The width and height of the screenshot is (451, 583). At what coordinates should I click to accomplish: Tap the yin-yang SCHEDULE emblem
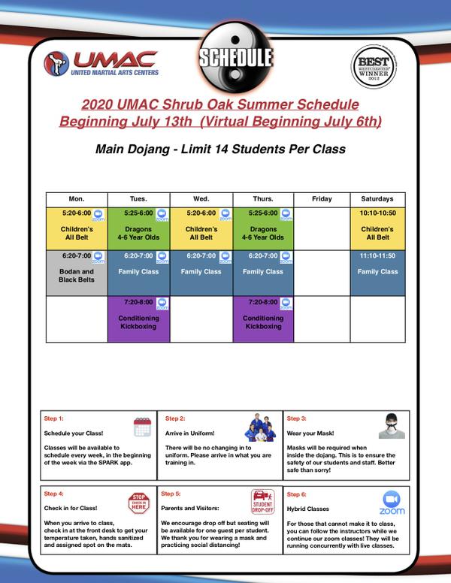coord(234,57)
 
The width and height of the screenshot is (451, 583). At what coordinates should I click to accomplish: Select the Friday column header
coord(321,199)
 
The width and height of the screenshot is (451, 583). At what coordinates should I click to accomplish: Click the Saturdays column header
coord(377,199)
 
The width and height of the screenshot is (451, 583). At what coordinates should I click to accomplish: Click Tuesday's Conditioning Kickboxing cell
coord(139,319)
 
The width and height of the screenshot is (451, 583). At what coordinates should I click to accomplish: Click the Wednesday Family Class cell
coord(201,270)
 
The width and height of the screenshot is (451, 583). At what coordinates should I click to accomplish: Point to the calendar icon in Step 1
coord(142,427)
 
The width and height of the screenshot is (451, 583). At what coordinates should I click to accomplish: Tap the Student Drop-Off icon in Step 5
coord(265,501)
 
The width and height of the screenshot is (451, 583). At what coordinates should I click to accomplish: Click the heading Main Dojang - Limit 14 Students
coord(220,149)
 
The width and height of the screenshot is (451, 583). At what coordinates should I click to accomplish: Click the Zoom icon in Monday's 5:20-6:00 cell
coord(98,215)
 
